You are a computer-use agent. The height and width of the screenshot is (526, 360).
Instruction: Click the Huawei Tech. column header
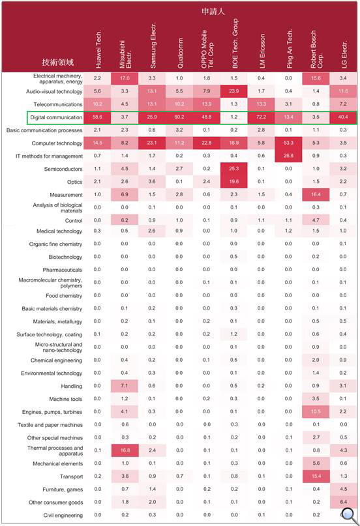98,50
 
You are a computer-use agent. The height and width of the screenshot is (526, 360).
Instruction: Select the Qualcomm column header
180,53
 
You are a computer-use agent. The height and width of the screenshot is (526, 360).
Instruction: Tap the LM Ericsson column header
262,51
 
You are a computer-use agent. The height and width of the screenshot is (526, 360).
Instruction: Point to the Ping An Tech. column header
289,49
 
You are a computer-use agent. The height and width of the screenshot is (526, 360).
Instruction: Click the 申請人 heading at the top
213,11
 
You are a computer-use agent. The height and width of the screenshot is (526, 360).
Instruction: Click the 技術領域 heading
57,62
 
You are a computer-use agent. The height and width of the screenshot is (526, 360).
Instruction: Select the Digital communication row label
56,117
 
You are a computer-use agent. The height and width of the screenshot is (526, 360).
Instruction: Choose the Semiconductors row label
63,169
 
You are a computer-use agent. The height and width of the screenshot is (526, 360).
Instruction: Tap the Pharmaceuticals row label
63,270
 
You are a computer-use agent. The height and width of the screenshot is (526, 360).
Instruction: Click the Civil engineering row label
63,516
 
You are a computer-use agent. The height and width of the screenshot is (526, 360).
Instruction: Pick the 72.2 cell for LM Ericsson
261,117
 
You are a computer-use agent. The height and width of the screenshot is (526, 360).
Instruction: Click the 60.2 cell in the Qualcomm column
179,117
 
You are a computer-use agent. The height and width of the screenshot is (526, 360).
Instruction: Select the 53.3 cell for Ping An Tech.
288,143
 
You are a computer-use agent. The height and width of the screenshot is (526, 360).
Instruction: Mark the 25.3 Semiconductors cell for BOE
234,169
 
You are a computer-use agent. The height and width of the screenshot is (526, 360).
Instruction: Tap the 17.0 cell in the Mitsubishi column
125,78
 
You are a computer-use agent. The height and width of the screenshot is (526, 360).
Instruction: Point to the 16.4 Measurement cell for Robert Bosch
316,195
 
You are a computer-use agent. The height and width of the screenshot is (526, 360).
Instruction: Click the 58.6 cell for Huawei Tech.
97,117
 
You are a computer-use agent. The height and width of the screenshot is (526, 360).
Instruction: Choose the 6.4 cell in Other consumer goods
343,502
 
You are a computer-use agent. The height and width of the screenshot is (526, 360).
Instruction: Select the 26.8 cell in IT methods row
288,156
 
